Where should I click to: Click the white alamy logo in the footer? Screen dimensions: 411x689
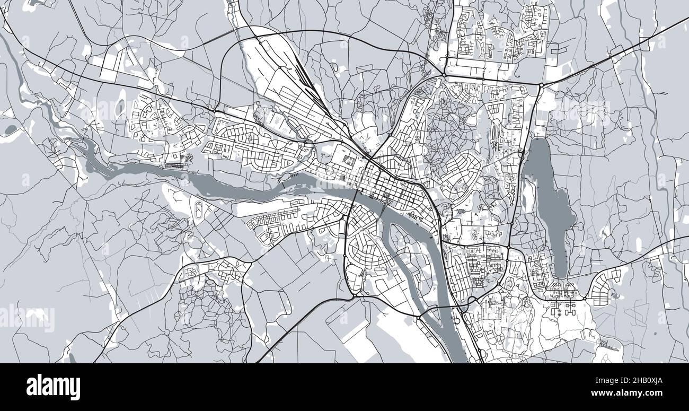point(53,387)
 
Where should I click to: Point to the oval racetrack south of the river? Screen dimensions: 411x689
point(199,212)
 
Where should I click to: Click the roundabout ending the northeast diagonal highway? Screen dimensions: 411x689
point(541,85)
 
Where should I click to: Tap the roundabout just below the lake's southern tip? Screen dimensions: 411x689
point(585,299)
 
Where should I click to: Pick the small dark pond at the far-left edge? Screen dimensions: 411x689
point(10,129)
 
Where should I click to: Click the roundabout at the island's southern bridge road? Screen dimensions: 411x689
point(418,318)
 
